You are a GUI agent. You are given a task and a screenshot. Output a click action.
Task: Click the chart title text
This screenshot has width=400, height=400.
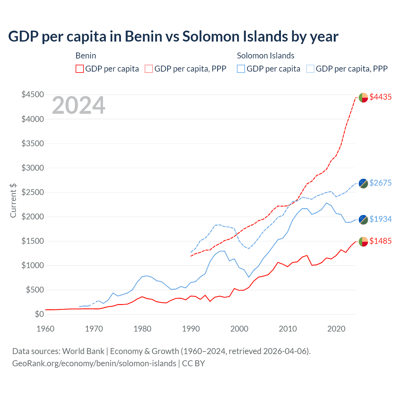(x=173, y=36)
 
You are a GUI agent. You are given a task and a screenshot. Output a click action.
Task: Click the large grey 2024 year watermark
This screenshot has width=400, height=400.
(x=78, y=106)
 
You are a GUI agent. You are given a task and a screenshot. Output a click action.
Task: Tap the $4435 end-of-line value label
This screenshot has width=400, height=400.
(x=380, y=97)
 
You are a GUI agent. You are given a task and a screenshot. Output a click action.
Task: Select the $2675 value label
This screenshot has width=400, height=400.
(x=380, y=183)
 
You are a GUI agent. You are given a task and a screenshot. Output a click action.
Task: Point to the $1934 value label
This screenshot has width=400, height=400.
(x=380, y=219)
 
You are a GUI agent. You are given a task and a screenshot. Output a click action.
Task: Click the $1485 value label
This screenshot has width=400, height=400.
(x=380, y=241)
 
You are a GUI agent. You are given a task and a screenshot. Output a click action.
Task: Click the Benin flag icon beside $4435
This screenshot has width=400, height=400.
(x=363, y=97)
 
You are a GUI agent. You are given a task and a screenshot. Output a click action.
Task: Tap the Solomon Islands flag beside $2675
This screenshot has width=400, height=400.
(x=363, y=183)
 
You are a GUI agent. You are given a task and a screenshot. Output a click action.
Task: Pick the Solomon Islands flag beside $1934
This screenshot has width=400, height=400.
(x=363, y=220)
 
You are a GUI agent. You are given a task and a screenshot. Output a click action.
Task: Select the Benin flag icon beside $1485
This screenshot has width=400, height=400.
(x=363, y=242)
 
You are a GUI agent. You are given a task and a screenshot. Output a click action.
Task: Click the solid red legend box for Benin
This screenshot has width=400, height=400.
(x=80, y=69)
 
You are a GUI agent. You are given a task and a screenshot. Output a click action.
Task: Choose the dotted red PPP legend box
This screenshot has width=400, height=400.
(x=149, y=69)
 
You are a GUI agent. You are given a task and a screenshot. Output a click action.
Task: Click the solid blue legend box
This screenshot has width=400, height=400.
(x=241, y=69)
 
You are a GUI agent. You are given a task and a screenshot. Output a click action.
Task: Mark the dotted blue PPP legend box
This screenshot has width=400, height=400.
(x=310, y=69)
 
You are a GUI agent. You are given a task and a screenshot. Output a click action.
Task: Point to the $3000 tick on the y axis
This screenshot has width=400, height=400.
(x=32, y=168)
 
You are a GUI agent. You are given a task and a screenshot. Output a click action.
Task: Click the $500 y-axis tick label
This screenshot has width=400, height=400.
(x=35, y=290)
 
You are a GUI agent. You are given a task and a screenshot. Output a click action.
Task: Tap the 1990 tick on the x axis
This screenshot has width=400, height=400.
(x=191, y=329)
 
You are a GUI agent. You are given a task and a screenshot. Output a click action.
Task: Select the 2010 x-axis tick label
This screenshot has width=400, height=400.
(x=288, y=329)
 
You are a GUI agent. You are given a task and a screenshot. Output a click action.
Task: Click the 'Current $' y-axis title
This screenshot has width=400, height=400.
(x=13, y=200)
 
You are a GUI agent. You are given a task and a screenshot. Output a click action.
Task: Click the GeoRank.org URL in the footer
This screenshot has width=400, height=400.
(x=94, y=363)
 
